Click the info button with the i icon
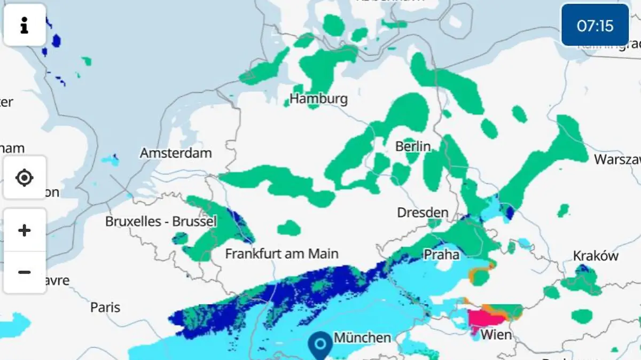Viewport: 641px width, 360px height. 25,25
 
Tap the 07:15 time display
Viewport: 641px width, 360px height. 595,26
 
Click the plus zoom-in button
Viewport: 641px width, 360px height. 25,230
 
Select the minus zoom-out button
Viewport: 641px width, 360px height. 25,272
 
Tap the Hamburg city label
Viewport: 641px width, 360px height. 318,99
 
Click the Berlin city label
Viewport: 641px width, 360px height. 413,146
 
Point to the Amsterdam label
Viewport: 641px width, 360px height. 176,153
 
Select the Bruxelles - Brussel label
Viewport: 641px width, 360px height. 160,221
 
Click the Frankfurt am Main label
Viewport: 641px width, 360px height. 282,254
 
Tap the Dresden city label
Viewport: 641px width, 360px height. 423,213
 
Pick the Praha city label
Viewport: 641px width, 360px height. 441,255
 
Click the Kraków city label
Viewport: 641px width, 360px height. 596,256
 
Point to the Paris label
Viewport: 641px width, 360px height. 105,308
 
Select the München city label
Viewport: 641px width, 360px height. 362,338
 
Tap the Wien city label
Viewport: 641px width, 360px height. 496,335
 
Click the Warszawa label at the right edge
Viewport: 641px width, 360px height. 617,159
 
